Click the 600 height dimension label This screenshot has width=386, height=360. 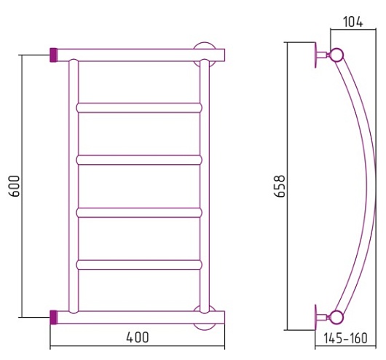pyautogui.click(x=14, y=186)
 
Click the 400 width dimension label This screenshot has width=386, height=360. pyautogui.click(x=138, y=337)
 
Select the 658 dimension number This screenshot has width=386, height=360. pyautogui.click(x=280, y=186)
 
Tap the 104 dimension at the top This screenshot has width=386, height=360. pyautogui.click(x=353, y=22)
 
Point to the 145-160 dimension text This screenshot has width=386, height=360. pyautogui.click(x=346, y=338)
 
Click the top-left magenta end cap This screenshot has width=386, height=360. pyautogui.click(x=53, y=55)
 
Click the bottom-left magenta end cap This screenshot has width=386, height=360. pyautogui.click(x=53, y=318)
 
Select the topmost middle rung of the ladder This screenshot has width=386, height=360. pyautogui.click(x=139, y=108)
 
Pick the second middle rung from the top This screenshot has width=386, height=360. pyautogui.click(x=139, y=160)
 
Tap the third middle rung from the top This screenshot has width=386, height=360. pyautogui.click(x=139, y=213)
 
